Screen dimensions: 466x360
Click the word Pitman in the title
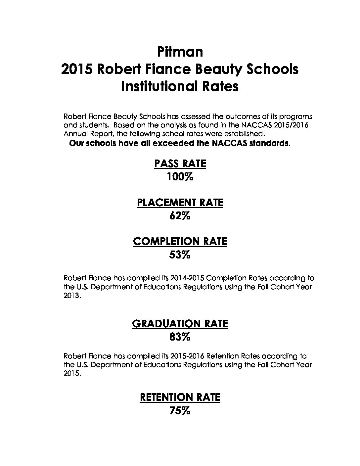[180, 52]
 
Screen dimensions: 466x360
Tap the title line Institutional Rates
[180, 86]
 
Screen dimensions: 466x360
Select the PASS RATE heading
[180, 164]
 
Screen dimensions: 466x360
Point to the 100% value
[180, 177]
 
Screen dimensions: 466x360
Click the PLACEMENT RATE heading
[180, 203]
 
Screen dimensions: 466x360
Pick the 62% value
[180, 216]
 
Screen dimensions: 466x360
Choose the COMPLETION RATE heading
[180, 241]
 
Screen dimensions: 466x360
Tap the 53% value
[180, 255]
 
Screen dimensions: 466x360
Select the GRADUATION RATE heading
[180, 324]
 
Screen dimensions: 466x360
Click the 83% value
[180, 337]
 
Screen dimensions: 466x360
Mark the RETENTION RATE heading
[180, 397]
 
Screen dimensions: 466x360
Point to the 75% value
[180, 411]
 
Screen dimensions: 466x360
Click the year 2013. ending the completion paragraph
[72, 296]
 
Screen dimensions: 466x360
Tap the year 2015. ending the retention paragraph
[72, 373]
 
